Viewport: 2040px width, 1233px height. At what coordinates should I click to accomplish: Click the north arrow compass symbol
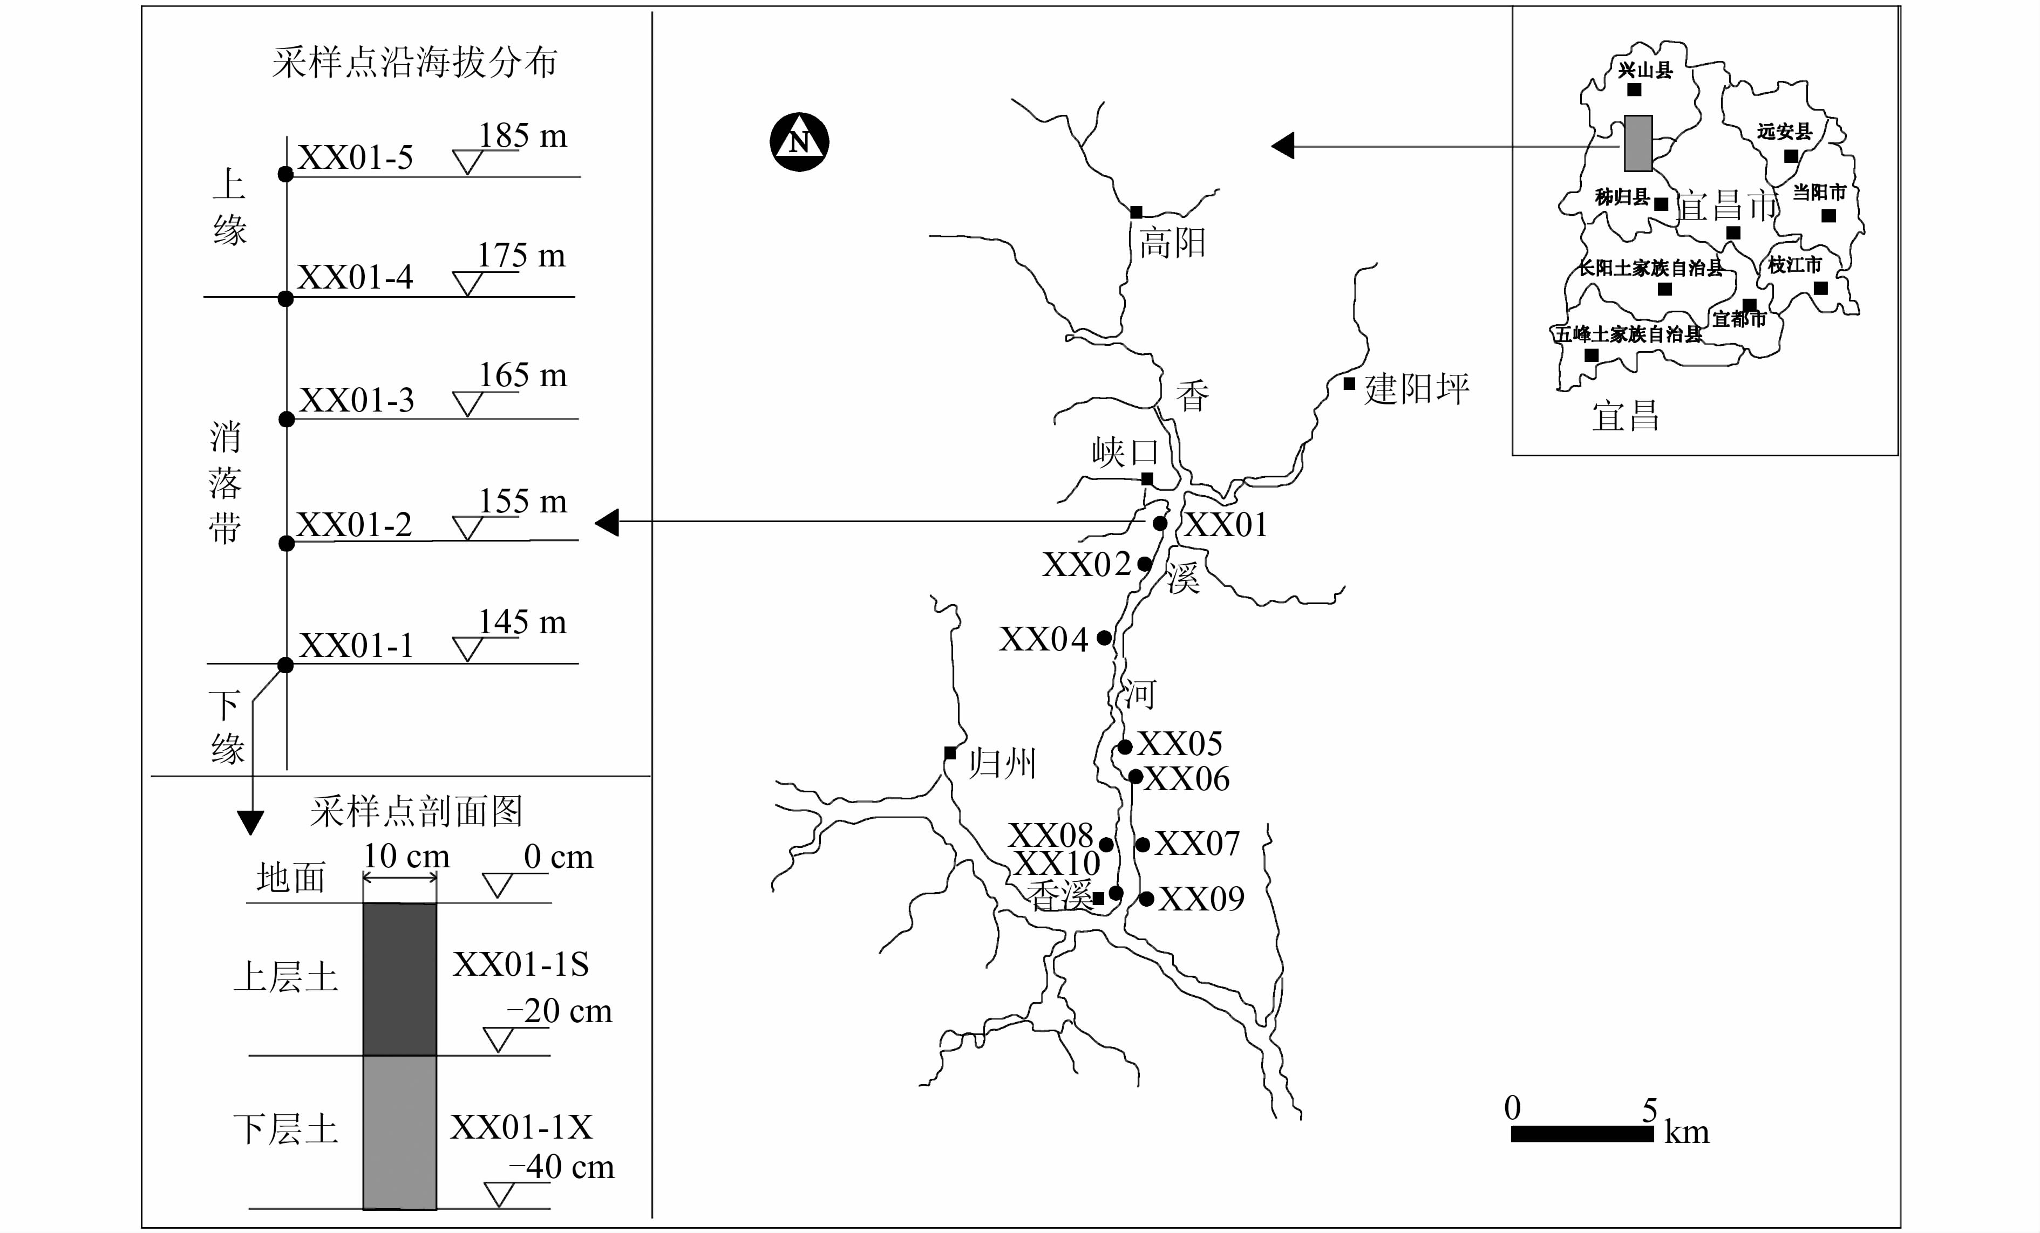tap(799, 141)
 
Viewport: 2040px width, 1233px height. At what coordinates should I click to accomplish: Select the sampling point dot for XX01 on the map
tap(1160, 523)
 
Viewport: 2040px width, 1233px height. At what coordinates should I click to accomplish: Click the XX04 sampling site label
tap(1043, 639)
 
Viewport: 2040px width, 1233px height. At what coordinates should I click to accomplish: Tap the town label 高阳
tap(1172, 243)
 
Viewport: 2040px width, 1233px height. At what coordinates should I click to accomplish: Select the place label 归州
tap(1003, 763)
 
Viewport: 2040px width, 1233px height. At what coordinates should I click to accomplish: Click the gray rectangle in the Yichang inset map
tap(1637, 143)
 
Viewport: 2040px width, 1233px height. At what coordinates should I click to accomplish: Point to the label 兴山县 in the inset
tap(1645, 70)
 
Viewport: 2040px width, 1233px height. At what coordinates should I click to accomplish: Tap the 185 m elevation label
tap(522, 136)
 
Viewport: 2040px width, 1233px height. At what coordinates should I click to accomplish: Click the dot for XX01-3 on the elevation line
tap(287, 420)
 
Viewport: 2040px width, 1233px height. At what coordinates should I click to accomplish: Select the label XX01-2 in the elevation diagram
tap(355, 525)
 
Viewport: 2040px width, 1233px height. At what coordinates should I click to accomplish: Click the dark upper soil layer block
tap(400, 979)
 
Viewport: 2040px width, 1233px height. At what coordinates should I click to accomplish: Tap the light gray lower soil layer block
tap(400, 1132)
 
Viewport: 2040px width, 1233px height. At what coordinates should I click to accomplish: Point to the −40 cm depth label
tap(561, 1167)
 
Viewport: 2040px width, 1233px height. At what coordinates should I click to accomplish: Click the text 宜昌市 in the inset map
tap(1728, 205)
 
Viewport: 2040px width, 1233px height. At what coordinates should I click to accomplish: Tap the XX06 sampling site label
tap(1187, 779)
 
